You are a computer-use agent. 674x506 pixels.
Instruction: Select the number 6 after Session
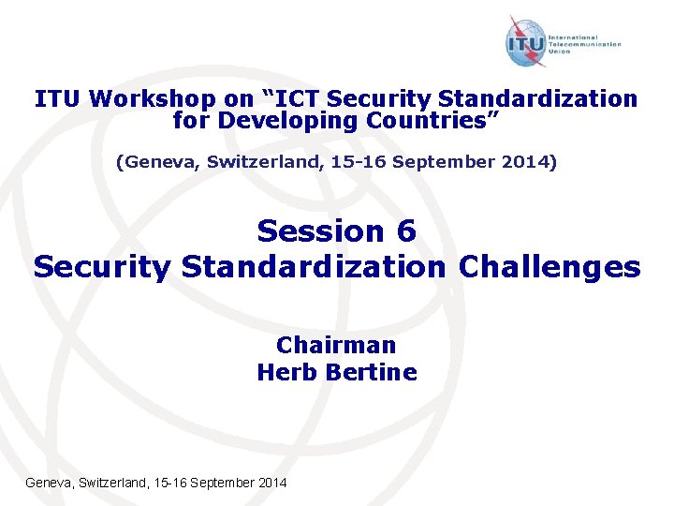404,231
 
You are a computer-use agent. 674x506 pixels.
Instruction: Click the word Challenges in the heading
549,267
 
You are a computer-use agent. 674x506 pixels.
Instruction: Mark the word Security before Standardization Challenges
102,267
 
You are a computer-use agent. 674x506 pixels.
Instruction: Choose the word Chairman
336,345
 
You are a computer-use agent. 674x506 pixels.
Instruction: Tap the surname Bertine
371,372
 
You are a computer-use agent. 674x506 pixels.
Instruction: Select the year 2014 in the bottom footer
272,482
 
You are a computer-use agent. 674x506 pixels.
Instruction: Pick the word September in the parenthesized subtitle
442,162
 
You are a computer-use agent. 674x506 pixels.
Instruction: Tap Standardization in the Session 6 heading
315,267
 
